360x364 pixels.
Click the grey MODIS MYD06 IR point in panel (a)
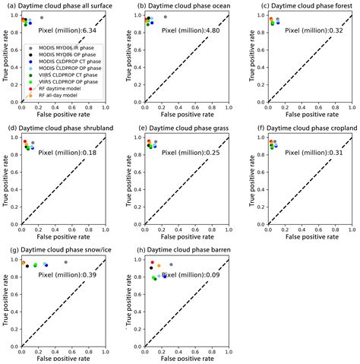point(41,17)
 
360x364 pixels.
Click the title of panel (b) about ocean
point(185,5)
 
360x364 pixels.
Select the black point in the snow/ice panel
point(27,266)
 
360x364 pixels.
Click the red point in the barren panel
point(152,261)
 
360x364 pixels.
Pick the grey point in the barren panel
point(171,264)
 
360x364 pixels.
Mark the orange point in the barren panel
point(159,266)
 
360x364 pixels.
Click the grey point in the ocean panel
point(166,17)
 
